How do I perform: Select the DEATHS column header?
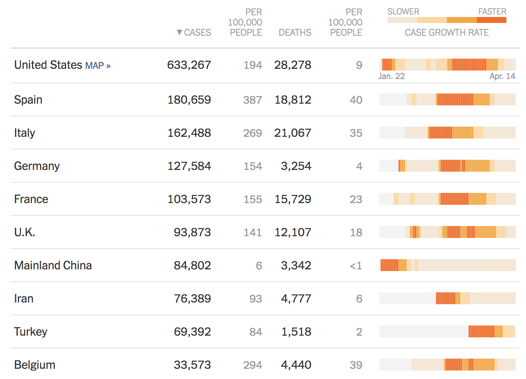coord(295,33)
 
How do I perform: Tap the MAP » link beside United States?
coord(98,66)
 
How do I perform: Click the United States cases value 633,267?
coord(189,65)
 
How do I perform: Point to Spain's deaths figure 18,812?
coord(293,100)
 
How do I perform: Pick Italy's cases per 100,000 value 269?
coord(252,133)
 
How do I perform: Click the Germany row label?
coord(37,166)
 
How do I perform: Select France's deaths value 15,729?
coord(293,199)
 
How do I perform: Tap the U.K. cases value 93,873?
coord(192,232)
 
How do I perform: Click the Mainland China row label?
coord(53,266)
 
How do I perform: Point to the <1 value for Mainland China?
coord(356,266)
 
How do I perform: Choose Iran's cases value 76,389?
coord(192,299)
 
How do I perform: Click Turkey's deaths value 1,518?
coord(296,332)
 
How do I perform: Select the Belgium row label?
coord(35,365)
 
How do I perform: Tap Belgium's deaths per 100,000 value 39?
coord(356,365)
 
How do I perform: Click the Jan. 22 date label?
coord(391,76)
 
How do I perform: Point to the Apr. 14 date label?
coord(502,76)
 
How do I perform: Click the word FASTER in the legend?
coord(492,11)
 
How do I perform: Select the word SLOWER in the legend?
coord(403,11)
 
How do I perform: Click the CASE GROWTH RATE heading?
coord(447,33)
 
